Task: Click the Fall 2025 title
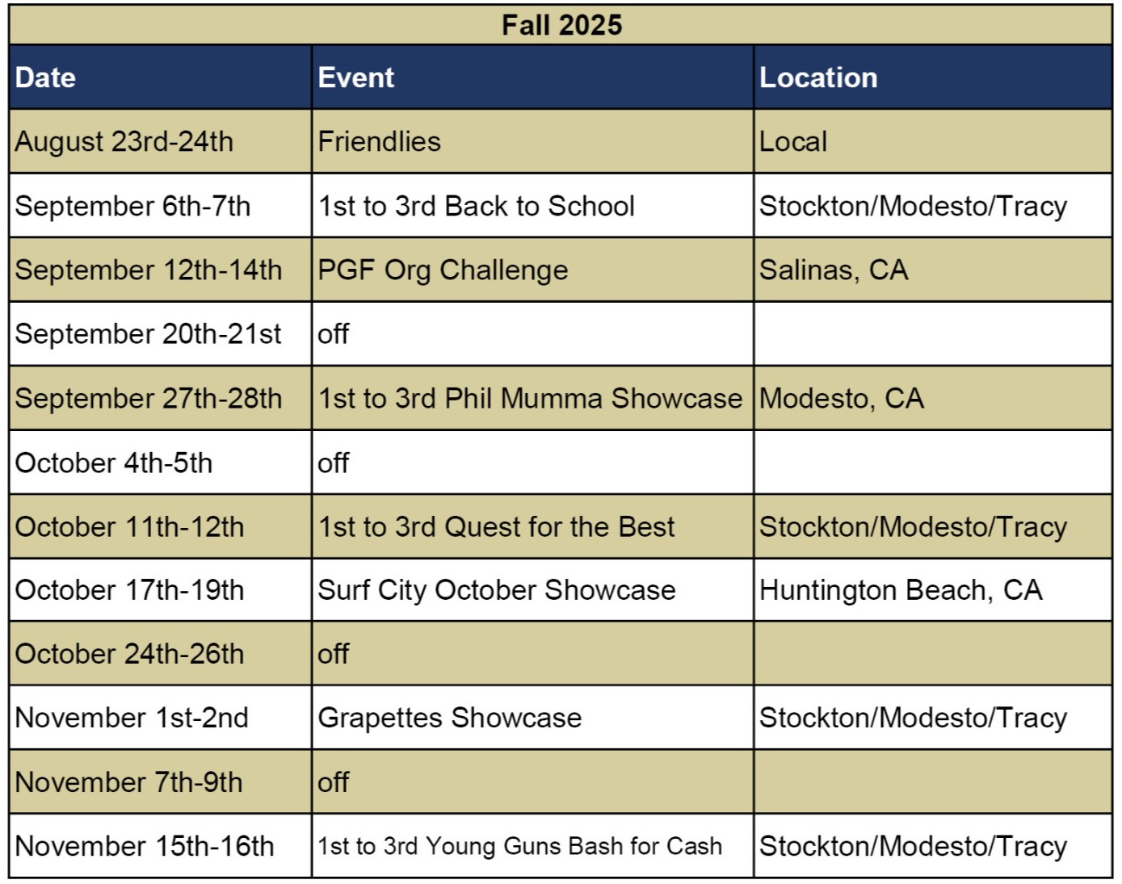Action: [561, 25]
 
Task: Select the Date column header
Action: [45, 78]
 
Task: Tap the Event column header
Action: [356, 78]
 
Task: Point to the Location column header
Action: [818, 78]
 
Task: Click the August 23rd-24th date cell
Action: [124, 142]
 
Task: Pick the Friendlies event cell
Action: [380, 142]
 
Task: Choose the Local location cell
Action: [793, 142]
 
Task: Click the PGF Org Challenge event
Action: [443, 270]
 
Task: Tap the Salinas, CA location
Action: [834, 270]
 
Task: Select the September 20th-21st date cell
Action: [148, 334]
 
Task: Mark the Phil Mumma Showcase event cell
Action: [530, 399]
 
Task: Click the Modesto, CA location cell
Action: [842, 399]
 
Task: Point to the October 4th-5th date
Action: [114, 463]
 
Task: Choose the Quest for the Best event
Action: [496, 527]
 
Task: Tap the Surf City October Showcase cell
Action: [497, 591]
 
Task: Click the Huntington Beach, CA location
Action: [901, 591]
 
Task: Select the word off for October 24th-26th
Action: [334, 654]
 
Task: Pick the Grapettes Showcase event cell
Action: [450, 719]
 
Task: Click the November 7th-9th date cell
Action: [128, 782]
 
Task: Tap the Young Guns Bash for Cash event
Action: [520, 847]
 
